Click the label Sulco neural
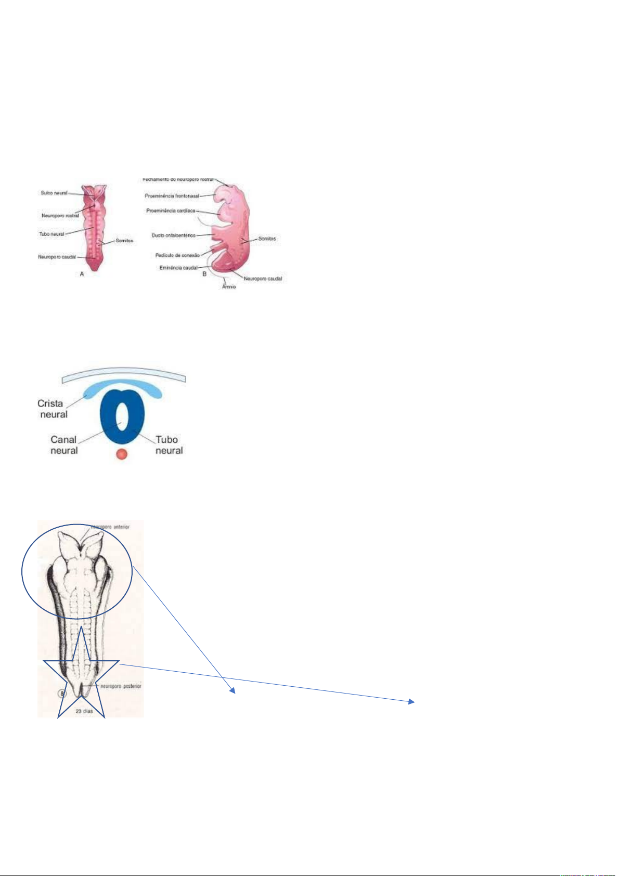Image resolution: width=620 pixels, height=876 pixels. click(x=54, y=193)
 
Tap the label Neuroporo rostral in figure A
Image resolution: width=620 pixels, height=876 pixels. click(x=60, y=216)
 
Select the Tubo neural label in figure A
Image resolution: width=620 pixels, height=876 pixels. click(x=51, y=234)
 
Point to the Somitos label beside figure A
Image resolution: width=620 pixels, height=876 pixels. click(x=124, y=241)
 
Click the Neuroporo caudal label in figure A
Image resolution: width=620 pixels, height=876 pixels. click(x=57, y=257)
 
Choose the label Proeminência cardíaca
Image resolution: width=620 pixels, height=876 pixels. click(x=171, y=211)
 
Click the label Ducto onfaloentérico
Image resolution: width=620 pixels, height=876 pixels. click(x=173, y=236)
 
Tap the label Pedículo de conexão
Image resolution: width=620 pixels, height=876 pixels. click(x=177, y=255)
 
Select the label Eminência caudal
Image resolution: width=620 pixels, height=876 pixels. click(x=178, y=268)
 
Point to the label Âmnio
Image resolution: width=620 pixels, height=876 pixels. click(x=229, y=286)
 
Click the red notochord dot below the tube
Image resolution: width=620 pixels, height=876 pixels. click(x=122, y=454)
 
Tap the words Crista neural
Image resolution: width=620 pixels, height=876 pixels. click(x=52, y=409)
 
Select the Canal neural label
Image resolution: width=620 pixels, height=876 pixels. click(x=64, y=445)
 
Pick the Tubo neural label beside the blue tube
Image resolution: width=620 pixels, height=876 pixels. click(x=169, y=445)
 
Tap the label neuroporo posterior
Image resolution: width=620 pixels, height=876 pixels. click(x=121, y=686)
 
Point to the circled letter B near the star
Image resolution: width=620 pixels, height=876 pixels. click(x=61, y=693)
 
